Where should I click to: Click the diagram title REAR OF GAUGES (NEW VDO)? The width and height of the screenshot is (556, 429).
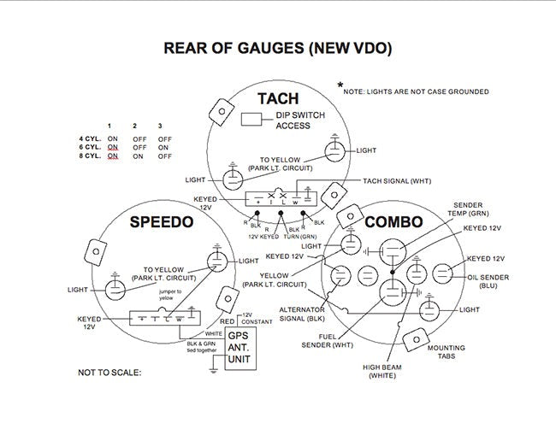278,49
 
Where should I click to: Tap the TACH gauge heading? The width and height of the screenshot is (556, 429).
278,98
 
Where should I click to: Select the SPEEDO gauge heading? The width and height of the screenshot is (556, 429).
162,222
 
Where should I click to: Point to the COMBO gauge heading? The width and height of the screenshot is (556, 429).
393,222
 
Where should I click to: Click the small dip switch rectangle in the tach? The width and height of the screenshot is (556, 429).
251,119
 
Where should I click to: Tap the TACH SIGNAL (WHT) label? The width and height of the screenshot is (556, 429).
398,181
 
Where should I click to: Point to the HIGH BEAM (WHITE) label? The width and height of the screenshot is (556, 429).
382,372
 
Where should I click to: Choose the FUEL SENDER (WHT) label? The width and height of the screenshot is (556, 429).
326,340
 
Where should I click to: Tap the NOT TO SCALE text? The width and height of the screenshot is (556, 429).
109,373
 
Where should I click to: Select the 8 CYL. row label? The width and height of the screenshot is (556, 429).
92,156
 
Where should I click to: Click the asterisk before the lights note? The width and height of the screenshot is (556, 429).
340,85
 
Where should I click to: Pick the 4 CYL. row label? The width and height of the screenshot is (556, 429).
92,138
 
